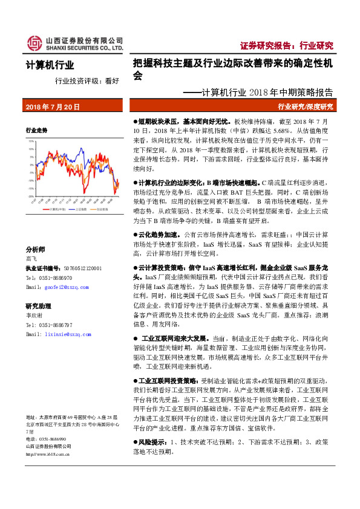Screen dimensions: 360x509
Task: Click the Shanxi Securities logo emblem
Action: click(x=34, y=43)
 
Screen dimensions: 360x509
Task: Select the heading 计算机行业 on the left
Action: click(x=50, y=65)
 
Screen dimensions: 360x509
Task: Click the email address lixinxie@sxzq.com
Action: click(x=60, y=333)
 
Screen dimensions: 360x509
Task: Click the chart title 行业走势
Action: click(x=36, y=131)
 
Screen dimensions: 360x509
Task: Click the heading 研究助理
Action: click(x=38, y=306)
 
